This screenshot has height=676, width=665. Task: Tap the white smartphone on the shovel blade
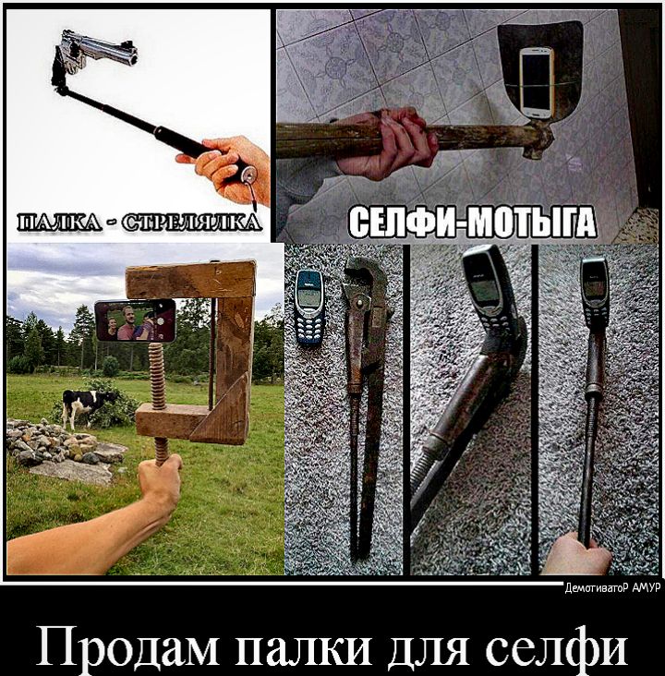536,84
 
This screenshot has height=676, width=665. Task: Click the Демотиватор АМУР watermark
612,588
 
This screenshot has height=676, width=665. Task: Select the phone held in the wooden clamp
136,321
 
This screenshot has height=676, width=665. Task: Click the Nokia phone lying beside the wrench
309,307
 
